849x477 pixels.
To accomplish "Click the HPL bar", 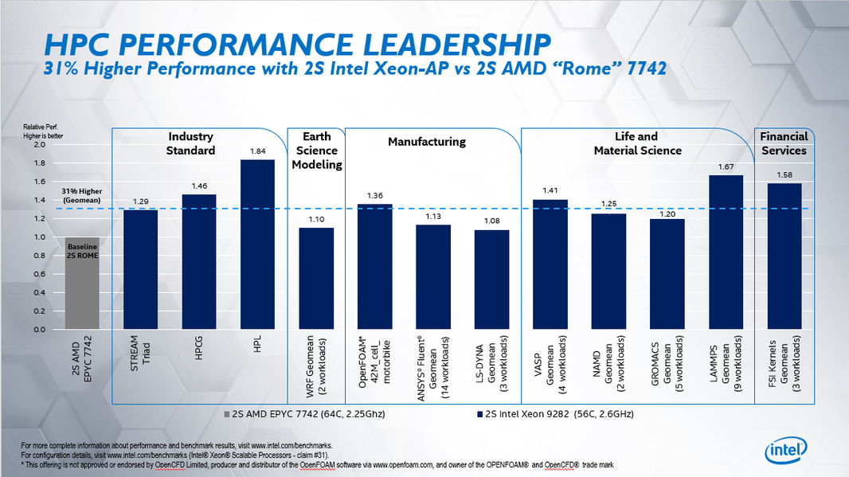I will [x=257, y=244].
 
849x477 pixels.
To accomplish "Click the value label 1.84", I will [x=257, y=151].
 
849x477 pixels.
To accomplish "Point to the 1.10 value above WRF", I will [x=316, y=218].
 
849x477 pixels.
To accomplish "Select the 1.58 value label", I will [x=784, y=174].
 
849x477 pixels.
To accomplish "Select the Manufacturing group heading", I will [x=426, y=142].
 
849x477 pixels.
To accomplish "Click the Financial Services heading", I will [x=784, y=143].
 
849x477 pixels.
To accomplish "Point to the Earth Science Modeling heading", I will [x=317, y=151].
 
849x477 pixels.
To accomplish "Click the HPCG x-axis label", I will [x=199, y=351].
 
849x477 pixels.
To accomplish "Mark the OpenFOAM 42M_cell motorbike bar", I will [x=375, y=266].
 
